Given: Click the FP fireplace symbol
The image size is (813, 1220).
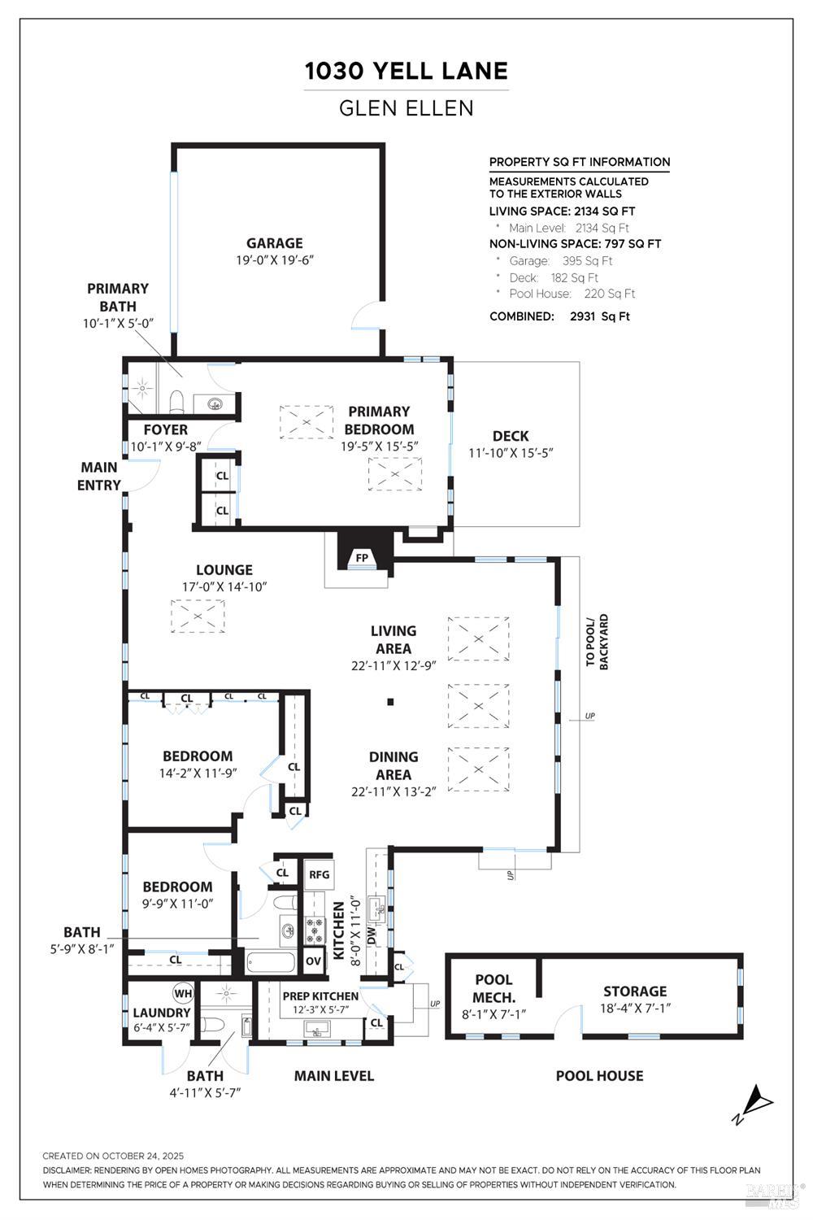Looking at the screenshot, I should pyautogui.click(x=363, y=557).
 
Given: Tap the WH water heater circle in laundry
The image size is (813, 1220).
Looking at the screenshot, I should pyautogui.click(x=182, y=993).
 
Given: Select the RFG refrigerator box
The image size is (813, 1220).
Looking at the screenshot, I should pyautogui.click(x=319, y=874).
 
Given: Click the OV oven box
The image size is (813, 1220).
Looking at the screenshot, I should pyautogui.click(x=314, y=960).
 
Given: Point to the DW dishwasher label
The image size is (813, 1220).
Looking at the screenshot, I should pyautogui.click(x=372, y=935).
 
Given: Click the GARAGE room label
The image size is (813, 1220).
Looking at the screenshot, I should pyautogui.click(x=275, y=242).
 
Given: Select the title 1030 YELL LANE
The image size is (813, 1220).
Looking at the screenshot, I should pyautogui.click(x=406, y=72).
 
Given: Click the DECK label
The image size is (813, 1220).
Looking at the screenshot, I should pyautogui.click(x=511, y=436).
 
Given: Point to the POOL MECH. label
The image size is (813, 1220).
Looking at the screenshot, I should pyautogui.click(x=494, y=988).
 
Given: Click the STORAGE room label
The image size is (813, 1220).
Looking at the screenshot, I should pyautogui.click(x=635, y=991).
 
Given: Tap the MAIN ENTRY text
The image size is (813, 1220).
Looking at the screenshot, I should pyautogui.click(x=99, y=476).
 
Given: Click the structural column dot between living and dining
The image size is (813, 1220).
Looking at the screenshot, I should pyautogui.click(x=391, y=701).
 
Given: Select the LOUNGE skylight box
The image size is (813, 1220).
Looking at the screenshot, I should pyautogui.click(x=198, y=616).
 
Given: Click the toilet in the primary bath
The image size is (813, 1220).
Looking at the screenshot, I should pyautogui.click(x=176, y=400).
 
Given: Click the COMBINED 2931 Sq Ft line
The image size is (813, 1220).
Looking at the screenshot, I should pyautogui.click(x=559, y=316).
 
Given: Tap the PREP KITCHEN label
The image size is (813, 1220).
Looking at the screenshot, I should pyautogui.click(x=320, y=996).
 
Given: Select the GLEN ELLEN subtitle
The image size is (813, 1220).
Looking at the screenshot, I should pyautogui.click(x=406, y=108).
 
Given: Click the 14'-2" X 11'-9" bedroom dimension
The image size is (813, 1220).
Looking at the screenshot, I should pyautogui.click(x=198, y=773).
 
